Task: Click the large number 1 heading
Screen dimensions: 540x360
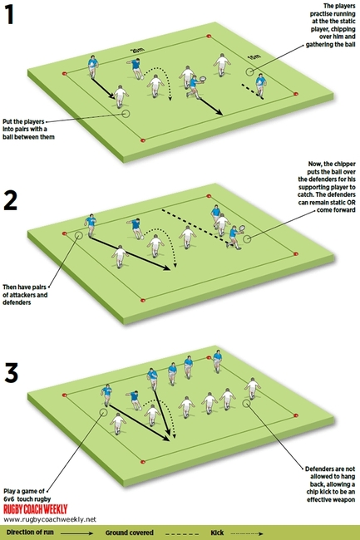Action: (14, 17)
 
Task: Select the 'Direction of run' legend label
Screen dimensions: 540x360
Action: (33, 530)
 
